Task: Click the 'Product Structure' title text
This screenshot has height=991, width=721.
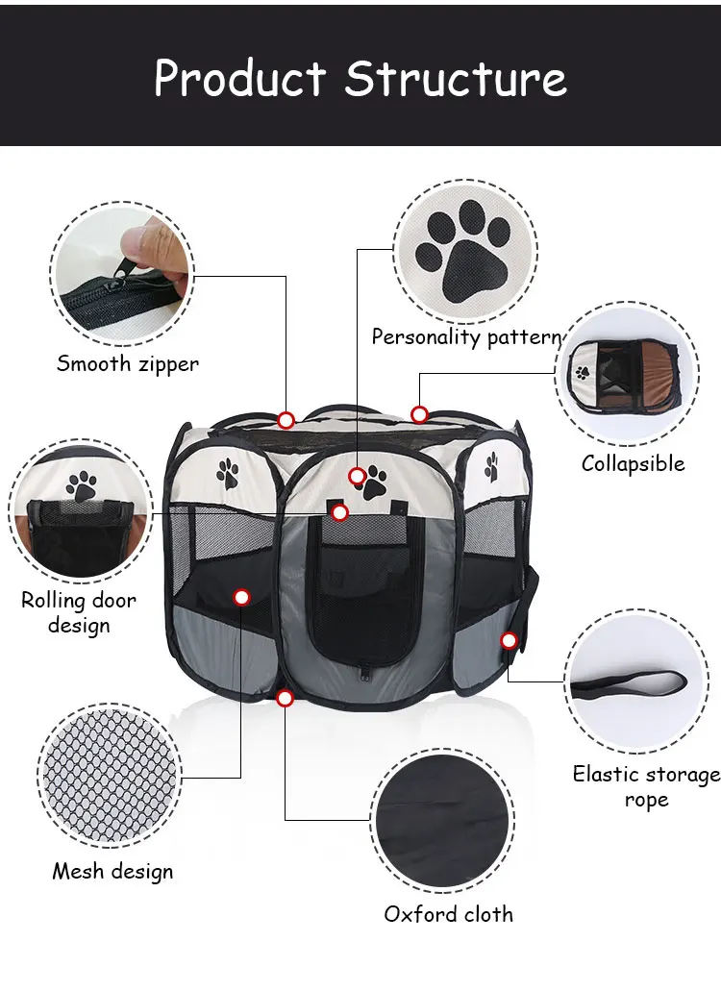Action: point(360,77)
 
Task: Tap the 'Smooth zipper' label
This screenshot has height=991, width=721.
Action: point(128,363)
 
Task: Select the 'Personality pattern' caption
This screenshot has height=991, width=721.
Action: point(466,337)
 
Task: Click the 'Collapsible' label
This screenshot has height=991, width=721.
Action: point(633,463)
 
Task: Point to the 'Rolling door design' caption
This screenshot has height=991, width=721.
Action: point(79,612)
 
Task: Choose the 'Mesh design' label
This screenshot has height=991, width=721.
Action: point(112,872)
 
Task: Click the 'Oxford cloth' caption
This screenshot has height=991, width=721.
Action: point(448,914)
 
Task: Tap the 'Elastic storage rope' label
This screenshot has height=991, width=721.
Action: point(646,786)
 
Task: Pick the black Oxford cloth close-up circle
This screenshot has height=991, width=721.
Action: point(440,823)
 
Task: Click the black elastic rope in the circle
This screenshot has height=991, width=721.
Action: point(629,686)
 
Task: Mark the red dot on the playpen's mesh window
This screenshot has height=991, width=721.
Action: point(241,597)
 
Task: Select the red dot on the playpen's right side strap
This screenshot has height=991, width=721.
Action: point(509,640)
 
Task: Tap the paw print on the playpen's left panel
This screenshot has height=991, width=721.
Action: point(228,471)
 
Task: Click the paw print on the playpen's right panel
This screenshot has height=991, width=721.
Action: point(491,466)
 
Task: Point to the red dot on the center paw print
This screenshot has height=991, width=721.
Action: point(357,476)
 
